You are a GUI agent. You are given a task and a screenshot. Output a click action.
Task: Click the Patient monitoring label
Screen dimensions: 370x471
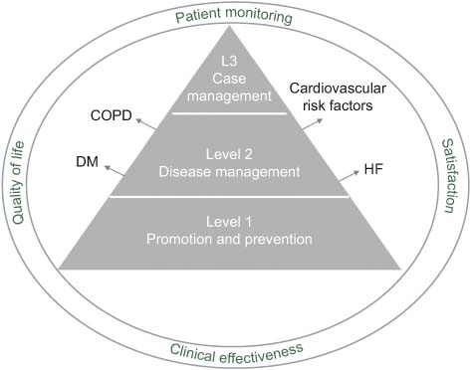[234, 17]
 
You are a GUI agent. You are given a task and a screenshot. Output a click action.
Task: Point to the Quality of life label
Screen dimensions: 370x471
[19, 180]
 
